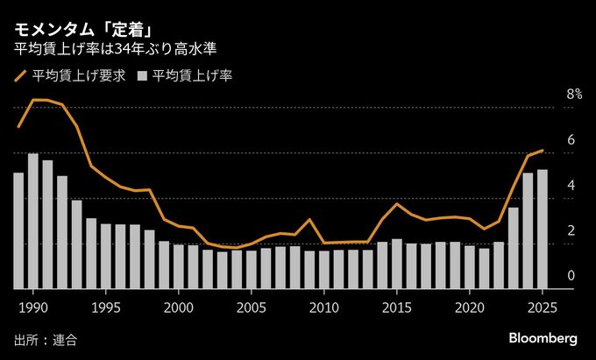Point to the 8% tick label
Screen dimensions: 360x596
(x=574, y=94)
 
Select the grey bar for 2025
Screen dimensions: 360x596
(x=543, y=229)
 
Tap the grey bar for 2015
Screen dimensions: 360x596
(x=397, y=264)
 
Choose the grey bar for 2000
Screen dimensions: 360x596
(x=179, y=266)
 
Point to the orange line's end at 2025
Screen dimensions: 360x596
(x=543, y=151)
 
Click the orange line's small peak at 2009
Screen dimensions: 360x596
(x=309, y=220)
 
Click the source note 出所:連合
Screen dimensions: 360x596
(x=45, y=339)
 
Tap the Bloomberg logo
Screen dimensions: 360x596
(x=543, y=338)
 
